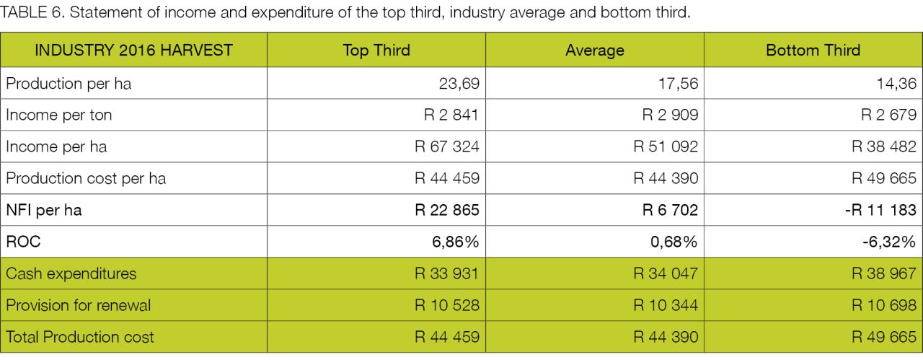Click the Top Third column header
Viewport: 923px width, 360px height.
[x=376, y=51]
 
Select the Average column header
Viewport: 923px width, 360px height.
[x=595, y=51]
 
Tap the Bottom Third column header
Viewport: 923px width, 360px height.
[x=813, y=51]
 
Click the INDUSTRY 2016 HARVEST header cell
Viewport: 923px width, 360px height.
[x=133, y=51]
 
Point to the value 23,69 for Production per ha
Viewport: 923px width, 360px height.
[x=459, y=84]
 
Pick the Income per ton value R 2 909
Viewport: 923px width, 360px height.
[x=670, y=115]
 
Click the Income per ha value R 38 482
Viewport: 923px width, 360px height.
[x=884, y=146]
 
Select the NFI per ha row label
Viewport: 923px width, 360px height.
[x=44, y=210]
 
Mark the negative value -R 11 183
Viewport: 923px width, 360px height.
[x=880, y=210]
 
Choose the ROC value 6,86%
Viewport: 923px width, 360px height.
[x=455, y=242]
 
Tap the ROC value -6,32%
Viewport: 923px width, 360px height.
[x=889, y=242]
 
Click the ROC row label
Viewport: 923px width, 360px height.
[x=23, y=242]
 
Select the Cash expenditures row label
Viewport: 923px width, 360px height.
[x=71, y=273]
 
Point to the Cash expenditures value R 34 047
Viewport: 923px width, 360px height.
[x=666, y=273]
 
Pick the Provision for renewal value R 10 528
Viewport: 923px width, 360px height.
[x=447, y=305]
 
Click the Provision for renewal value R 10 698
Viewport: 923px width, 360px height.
[x=884, y=305]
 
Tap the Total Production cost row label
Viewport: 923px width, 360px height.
[x=80, y=337]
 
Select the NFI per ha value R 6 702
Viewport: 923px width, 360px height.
[x=670, y=210]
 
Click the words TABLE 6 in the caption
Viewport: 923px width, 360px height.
[x=31, y=12]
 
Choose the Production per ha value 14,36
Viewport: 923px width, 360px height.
[x=896, y=84]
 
